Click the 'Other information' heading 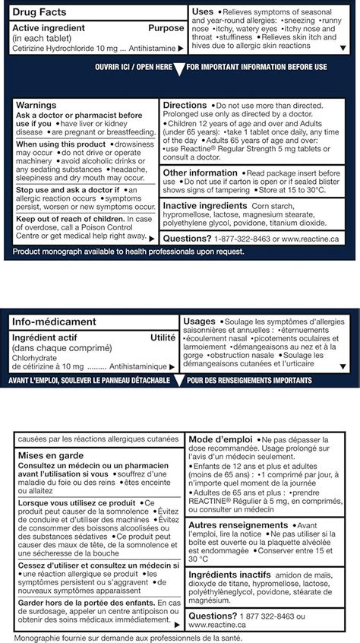[x=201, y=173]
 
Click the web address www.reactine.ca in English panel [x=312, y=239]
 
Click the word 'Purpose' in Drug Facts [x=166, y=27]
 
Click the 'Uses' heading [x=203, y=12]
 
